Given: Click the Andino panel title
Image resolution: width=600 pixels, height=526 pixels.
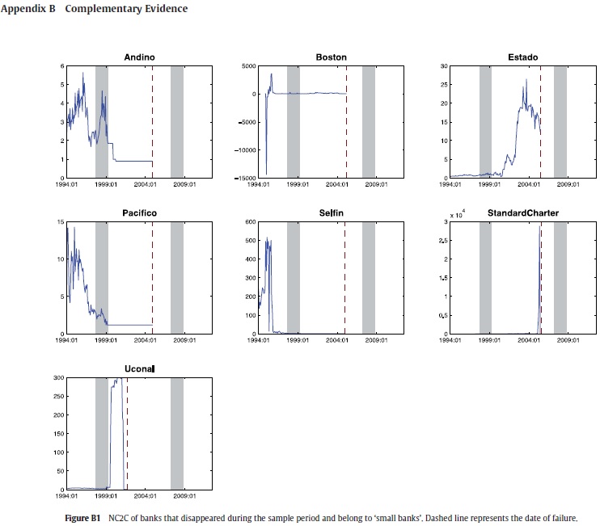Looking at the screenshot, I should tap(139, 57).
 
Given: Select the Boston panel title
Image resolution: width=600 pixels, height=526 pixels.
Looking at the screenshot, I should tap(331, 57).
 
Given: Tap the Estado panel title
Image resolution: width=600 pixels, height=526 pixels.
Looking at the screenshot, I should tap(522, 57).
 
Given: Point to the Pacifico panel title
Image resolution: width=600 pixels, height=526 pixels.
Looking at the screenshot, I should tap(139, 213).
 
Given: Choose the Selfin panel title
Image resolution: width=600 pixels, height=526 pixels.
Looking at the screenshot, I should tap(331, 213).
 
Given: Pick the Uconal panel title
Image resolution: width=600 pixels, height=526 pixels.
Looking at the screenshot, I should tap(139, 369).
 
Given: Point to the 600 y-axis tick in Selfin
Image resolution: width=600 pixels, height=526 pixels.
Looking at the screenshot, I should tap(249, 221).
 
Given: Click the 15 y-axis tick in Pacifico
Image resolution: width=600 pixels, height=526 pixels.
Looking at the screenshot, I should tap(61, 221).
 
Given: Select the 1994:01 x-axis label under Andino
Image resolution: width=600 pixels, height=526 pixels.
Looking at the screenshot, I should tap(67, 184).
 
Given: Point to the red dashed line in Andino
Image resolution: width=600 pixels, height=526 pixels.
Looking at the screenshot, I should tap(152, 121).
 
